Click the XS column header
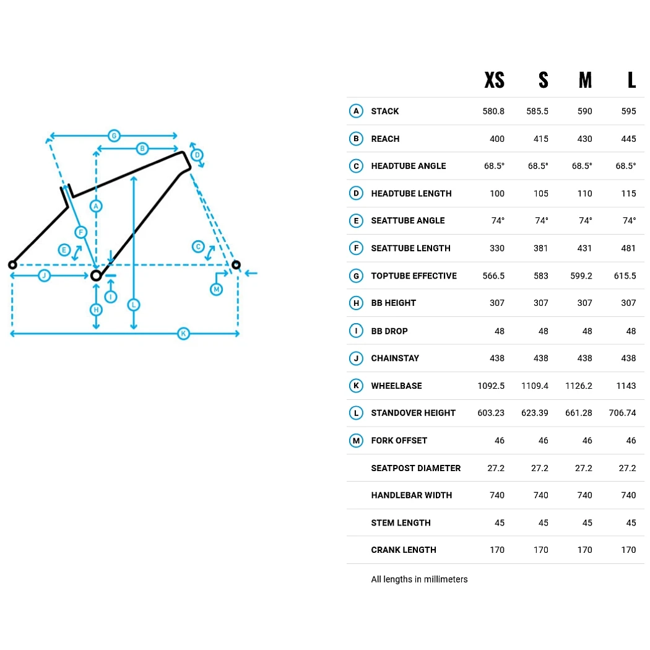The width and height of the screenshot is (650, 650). pyautogui.click(x=494, y=80)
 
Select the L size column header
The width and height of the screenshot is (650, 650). pyautogui.click(x=631, y=80)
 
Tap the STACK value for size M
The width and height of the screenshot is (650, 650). pyautogui.click(x=584, y=111)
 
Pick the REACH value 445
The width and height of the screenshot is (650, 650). pyautogui.click(x=628, y=139)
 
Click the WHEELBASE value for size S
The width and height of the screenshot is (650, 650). pyautogui.click(x=535, y=386)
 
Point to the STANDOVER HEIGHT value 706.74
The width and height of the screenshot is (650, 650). pyautogui.click(x=622, y=413)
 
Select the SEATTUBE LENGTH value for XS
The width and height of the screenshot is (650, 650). pyautogui.click(x=497, y=248)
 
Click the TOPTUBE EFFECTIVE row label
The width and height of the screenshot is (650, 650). pyautogui.click(x=414, y=275)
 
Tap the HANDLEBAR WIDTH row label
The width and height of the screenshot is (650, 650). pyautogui.click(x=411, y=495)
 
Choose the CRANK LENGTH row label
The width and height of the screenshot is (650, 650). pyautogui.click(x=404, y=550)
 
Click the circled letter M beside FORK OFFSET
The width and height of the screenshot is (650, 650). pyautogui.click(x=356, y=441)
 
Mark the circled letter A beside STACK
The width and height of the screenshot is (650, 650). pyautogui.click(x=356, y=111)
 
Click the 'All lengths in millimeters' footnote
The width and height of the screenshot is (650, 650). pyautogui.click(x=419, y=579)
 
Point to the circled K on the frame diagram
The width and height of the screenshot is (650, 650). pyautogui.click(x=183, y=333)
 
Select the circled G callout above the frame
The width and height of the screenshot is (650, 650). pyautogui.click(x=114, y=136)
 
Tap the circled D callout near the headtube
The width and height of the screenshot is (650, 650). pyautogui.click(x=197, y=155)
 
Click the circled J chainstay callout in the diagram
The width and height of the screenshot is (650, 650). pyautogui.click(x=44, y=275)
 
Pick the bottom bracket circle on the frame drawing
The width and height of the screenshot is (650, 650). pyautogui.click(x=96, y=275)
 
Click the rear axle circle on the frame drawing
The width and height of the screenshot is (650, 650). pyautogui.click(x=12, y=264)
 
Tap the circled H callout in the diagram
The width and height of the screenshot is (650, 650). pyautogui.click(x=96, y=310)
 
